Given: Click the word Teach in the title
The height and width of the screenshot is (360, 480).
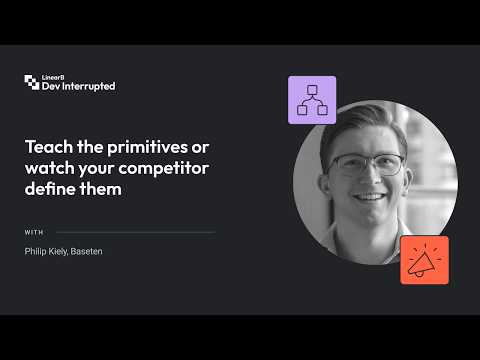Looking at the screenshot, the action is tap(49, 147).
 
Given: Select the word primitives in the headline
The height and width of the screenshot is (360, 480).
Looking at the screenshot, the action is tap(147, 148).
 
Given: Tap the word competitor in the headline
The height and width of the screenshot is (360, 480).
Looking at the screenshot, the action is tap(164, 169).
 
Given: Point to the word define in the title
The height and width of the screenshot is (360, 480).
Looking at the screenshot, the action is tap(50, 189).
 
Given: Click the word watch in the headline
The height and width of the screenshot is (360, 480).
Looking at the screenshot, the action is tap(50, 168).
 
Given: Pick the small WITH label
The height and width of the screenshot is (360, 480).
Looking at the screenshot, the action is tap(34, 232).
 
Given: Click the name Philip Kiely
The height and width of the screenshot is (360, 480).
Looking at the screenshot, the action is tap(46, 251).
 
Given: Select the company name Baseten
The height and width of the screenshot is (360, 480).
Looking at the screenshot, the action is tap(87, 251).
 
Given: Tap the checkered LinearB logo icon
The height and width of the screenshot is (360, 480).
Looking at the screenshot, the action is tap(32, 82).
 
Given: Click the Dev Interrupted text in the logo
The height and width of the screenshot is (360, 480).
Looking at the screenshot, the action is tap(79, 86).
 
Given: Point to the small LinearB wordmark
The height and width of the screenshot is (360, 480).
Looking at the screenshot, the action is tap(53, 77).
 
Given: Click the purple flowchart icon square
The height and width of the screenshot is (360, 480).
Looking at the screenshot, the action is tap(312, 100).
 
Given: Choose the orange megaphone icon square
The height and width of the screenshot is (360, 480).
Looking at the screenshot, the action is tap(424, 260).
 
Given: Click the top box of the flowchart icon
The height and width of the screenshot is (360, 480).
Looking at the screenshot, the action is tap(312, 90).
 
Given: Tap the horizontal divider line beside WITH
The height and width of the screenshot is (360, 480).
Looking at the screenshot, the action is tap(136, 232).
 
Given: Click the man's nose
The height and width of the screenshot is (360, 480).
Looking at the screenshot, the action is tap(368, 175).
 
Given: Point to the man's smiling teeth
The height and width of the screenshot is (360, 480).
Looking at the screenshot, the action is tap(369, 197).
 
